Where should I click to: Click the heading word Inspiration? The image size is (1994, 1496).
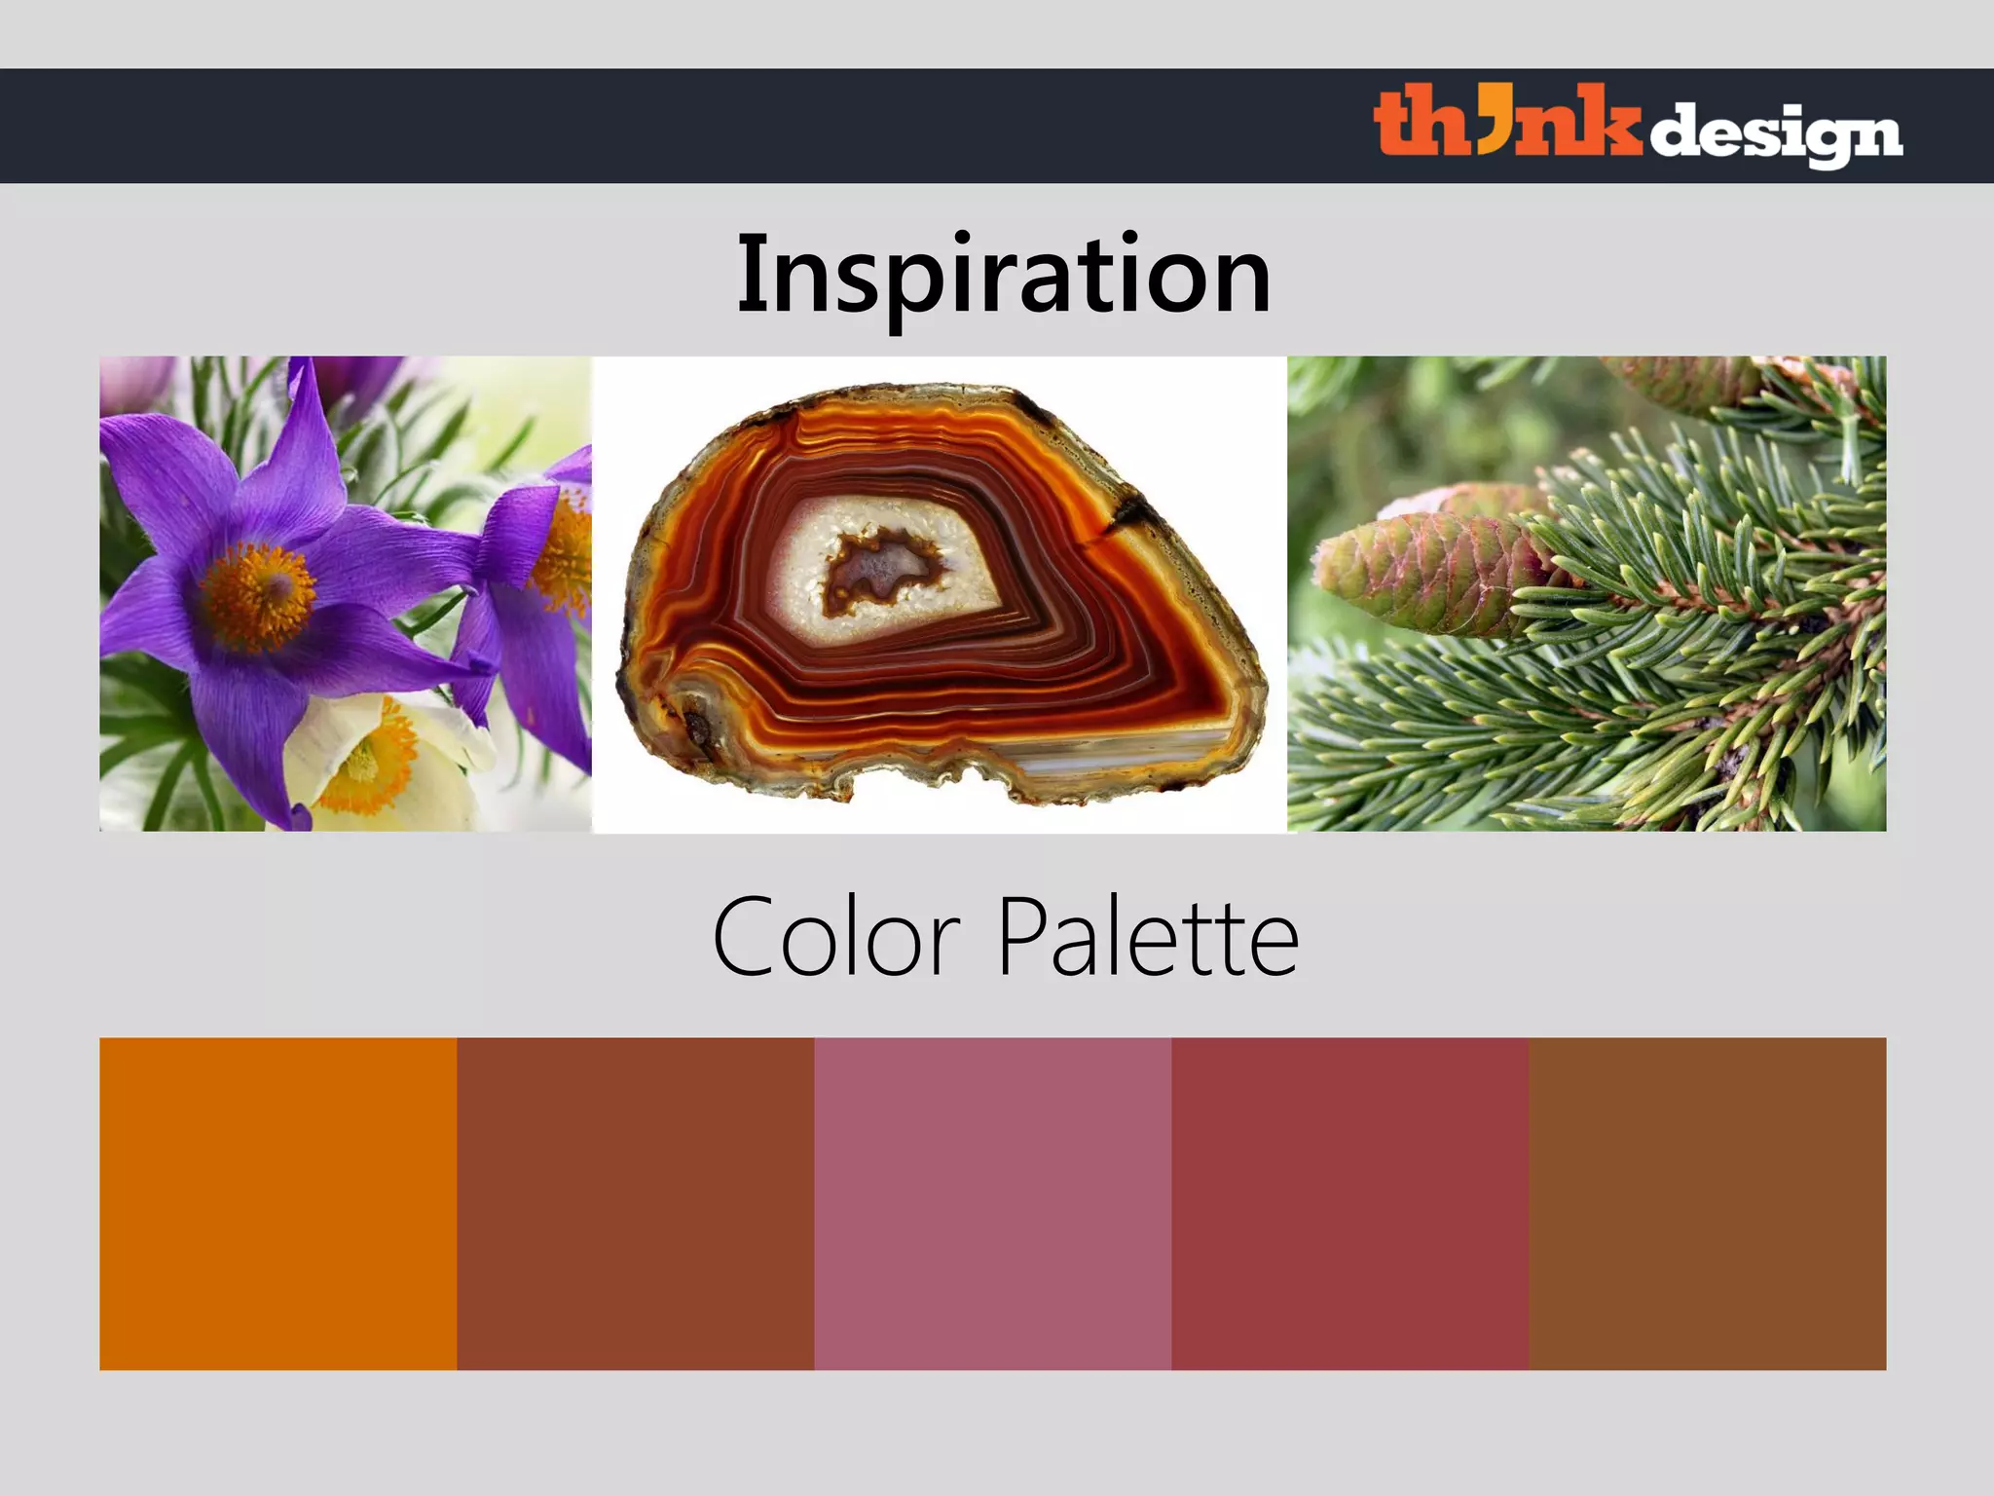click(1004, 276)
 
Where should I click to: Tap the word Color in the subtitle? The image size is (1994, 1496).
click(836, 938)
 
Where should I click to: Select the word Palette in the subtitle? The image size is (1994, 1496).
click(1148, 938)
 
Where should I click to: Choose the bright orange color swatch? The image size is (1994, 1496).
click(277, 1204)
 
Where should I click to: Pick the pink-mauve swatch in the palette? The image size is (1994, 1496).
click(992, 1204)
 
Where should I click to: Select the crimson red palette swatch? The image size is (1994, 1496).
click(1349, 1204)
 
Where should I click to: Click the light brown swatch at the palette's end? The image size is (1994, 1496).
click(1707, 1204)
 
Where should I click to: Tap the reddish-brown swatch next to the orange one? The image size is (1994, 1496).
click(635, 1204)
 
